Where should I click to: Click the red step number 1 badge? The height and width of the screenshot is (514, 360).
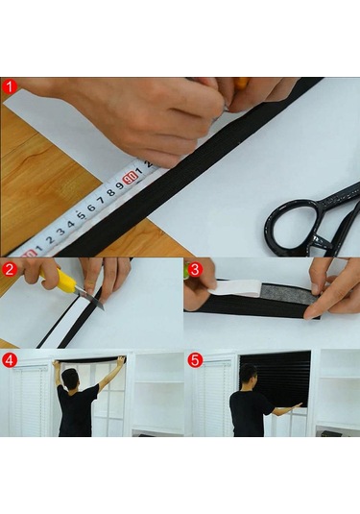10,86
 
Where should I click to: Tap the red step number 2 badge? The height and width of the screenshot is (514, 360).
10,268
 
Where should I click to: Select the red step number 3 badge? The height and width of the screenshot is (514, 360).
194,269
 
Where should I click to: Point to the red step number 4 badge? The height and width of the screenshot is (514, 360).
10,361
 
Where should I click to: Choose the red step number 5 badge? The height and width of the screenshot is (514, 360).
194,361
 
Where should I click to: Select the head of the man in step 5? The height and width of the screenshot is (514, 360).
249,374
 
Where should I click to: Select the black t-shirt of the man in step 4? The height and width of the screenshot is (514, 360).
77,411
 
